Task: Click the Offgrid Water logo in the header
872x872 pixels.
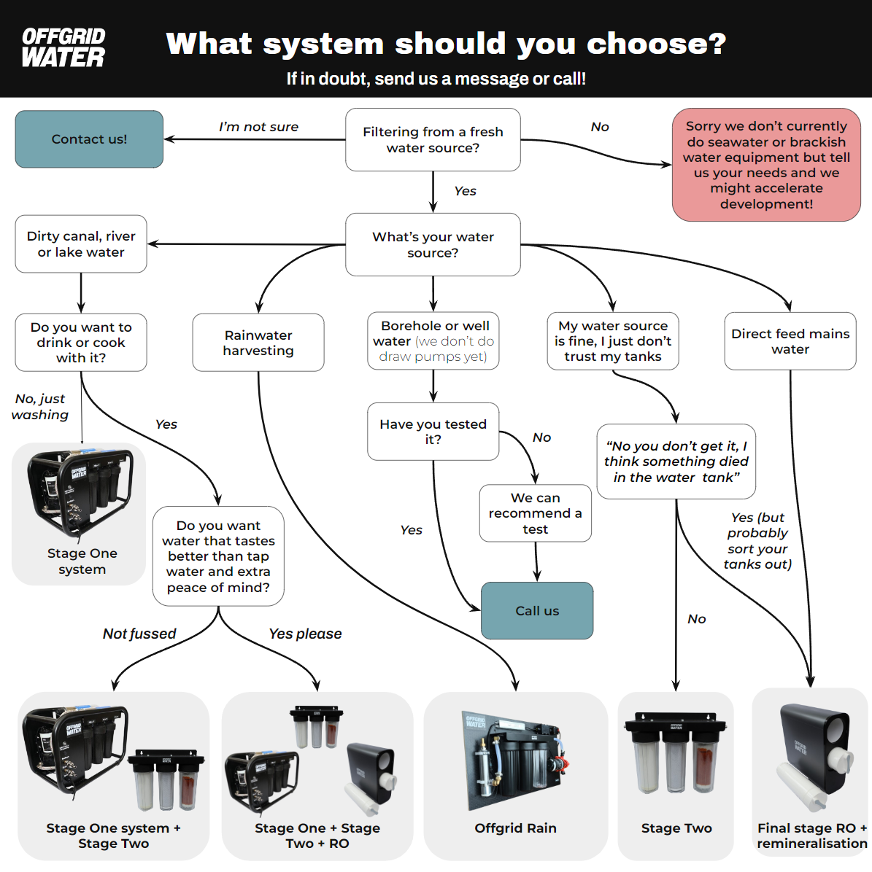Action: coord(63,48)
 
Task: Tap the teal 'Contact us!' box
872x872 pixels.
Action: coord(89,139)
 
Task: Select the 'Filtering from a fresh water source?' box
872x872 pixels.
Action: coord(433,140)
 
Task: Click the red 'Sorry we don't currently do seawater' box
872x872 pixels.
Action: coord(766,165)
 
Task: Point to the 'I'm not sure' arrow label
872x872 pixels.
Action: coord(258,127)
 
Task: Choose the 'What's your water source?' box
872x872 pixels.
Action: coord(433,245)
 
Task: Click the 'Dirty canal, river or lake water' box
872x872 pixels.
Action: coord(81,244)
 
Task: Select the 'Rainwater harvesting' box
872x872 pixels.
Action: coord(258,343)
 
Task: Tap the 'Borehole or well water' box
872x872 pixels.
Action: coord(433,341)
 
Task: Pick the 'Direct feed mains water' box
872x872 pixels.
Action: coord(790,341)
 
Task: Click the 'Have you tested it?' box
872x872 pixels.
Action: coord(433,432)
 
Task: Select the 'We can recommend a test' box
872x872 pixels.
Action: coord(535,513)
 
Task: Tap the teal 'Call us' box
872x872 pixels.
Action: coord(537,611)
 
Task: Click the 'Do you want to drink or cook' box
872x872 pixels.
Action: coord(81,343)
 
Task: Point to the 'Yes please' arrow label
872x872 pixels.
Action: coord(305,634)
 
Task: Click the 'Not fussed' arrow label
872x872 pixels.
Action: coord(139,634)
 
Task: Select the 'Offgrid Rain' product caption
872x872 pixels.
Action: coord(515,828)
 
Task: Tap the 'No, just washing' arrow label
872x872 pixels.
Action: coord(40,407)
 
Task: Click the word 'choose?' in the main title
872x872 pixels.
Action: coord(657,44)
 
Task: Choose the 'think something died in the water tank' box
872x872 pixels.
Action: coord(676,462)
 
